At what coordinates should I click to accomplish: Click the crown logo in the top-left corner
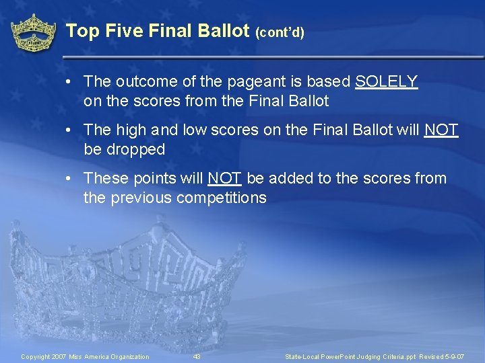[x=33, y=32]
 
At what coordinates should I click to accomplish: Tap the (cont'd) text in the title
[x=280, y=32]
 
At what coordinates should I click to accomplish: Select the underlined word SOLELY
[x=387, y=82]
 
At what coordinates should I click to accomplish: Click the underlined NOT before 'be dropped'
[x=441, y=130]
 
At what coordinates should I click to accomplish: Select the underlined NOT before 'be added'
[x=225, y=178]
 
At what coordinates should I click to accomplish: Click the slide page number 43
[x=197, y=356]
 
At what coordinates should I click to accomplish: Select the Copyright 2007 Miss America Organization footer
[x=85, y=356]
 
